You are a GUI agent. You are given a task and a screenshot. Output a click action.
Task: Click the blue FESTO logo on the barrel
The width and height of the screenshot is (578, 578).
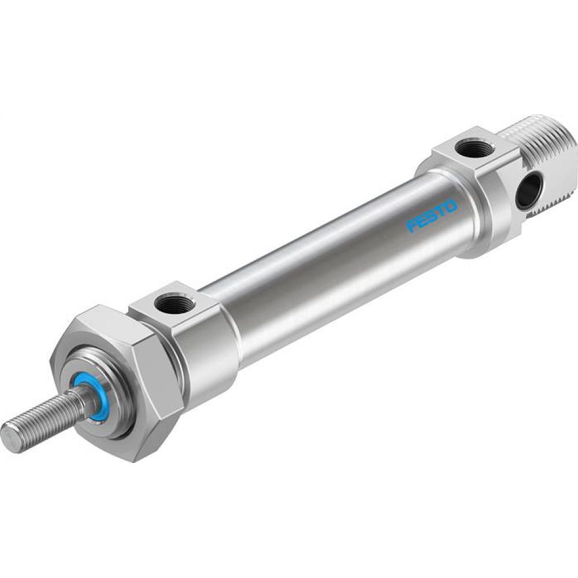pos(432,216)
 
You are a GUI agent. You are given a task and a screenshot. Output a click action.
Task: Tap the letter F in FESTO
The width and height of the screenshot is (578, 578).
pos(412,226)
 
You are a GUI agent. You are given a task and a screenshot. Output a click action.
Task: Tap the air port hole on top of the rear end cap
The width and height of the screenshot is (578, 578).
pos(475,150)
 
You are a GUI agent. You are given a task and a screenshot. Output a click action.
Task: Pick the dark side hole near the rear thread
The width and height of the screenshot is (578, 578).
pos(531,191)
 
